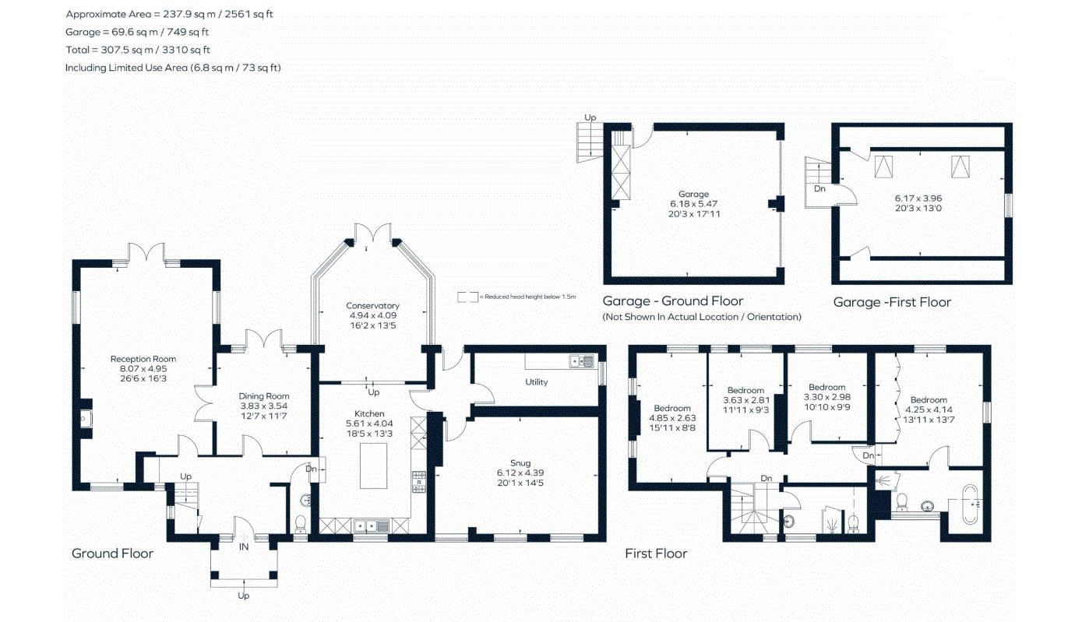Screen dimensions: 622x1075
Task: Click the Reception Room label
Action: pyautogui.click(x=143, y=359)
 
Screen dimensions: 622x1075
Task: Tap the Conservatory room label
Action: pyautogui.click(x=372, y=306)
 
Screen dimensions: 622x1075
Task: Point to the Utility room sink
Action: pyautogui.click(x=582, y=361)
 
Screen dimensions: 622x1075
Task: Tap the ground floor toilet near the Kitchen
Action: pyautogui.click(x=301, y=522)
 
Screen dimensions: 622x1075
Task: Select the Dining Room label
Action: pyautogui.click(x=264, y=396)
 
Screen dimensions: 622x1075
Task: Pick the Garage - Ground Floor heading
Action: pyautogui.click(x=673, y=301)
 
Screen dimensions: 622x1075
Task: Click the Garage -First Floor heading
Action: pyautogui.click(x=892, y=302)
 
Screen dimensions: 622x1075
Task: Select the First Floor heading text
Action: pyautogui.click(x=656, y=553)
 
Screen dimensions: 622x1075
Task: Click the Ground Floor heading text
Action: pyautogui.click(x=112, y=553)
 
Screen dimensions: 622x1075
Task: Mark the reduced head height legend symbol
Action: pyautogui.click(x=467, y=297)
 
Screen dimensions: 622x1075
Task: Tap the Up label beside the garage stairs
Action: pyautogui.click(x=590, y=118)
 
